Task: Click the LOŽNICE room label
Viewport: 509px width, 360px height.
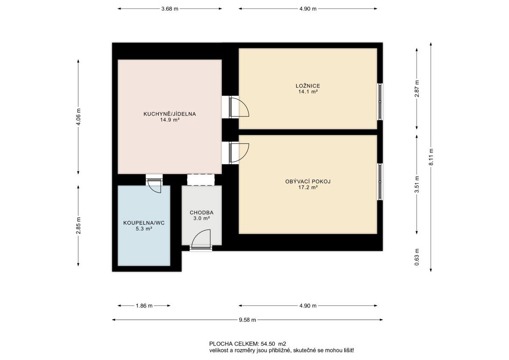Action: click(x=308, y=86)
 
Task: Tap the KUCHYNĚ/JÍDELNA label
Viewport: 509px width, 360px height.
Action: click(x=170, y=114)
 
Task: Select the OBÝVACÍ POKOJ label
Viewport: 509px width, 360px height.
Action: click(x=308, y=181)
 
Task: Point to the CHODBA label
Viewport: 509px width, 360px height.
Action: click(x=201, y=213)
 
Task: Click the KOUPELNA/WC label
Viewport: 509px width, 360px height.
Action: click(x=144, y=223)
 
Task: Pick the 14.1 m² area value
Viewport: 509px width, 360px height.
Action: click(x=308, y=92)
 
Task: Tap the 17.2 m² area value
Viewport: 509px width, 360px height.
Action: click(x=308, y=187)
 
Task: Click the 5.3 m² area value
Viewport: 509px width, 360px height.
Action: click(x=144, y=229)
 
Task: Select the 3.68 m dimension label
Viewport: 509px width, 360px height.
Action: click(x=170, y=9)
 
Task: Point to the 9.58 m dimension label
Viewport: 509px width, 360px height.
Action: click(x=247, y=320)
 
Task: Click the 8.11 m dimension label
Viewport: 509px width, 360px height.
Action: click(x=431, y=157)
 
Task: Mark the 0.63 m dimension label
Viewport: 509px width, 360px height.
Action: click(x=417, y=257)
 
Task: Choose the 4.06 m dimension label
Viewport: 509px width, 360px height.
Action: click(x=78, y=117)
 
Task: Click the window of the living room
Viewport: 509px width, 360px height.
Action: click(x=380, y=182)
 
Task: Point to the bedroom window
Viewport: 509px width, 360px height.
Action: click(x=380, y=101)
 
